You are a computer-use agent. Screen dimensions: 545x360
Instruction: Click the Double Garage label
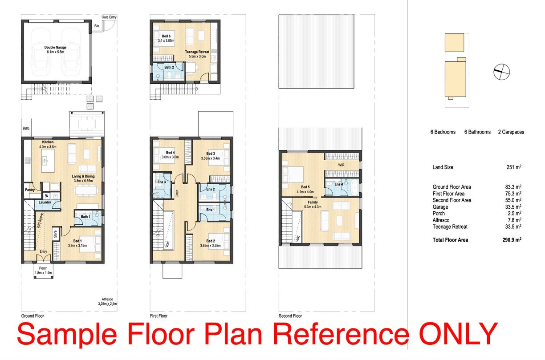55,48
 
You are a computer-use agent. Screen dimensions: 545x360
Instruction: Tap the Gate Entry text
109,17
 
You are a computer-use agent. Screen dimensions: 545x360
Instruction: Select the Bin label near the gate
97,26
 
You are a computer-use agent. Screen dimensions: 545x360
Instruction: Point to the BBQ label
26,128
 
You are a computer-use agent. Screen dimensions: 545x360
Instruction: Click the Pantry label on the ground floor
30,190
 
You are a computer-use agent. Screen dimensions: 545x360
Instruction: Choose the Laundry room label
45,202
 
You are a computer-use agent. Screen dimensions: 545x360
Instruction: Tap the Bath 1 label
85,217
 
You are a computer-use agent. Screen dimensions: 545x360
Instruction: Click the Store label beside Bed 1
56,234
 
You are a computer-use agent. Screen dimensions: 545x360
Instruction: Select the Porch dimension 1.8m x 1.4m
43,273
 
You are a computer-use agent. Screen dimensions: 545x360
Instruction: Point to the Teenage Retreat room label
197,52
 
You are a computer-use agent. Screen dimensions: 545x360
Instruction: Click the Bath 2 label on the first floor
169,67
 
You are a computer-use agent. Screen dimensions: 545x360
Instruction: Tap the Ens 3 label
162,182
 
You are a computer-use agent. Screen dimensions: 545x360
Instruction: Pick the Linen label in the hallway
177,193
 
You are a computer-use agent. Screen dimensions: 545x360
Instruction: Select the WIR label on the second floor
341,165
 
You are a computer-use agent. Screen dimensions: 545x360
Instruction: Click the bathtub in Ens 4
355,188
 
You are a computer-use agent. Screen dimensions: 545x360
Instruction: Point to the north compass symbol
501,72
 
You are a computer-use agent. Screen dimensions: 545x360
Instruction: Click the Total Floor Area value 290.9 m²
512,240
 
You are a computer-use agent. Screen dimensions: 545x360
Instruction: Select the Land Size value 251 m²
514,167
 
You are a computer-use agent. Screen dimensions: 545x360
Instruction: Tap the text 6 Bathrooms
477,132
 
